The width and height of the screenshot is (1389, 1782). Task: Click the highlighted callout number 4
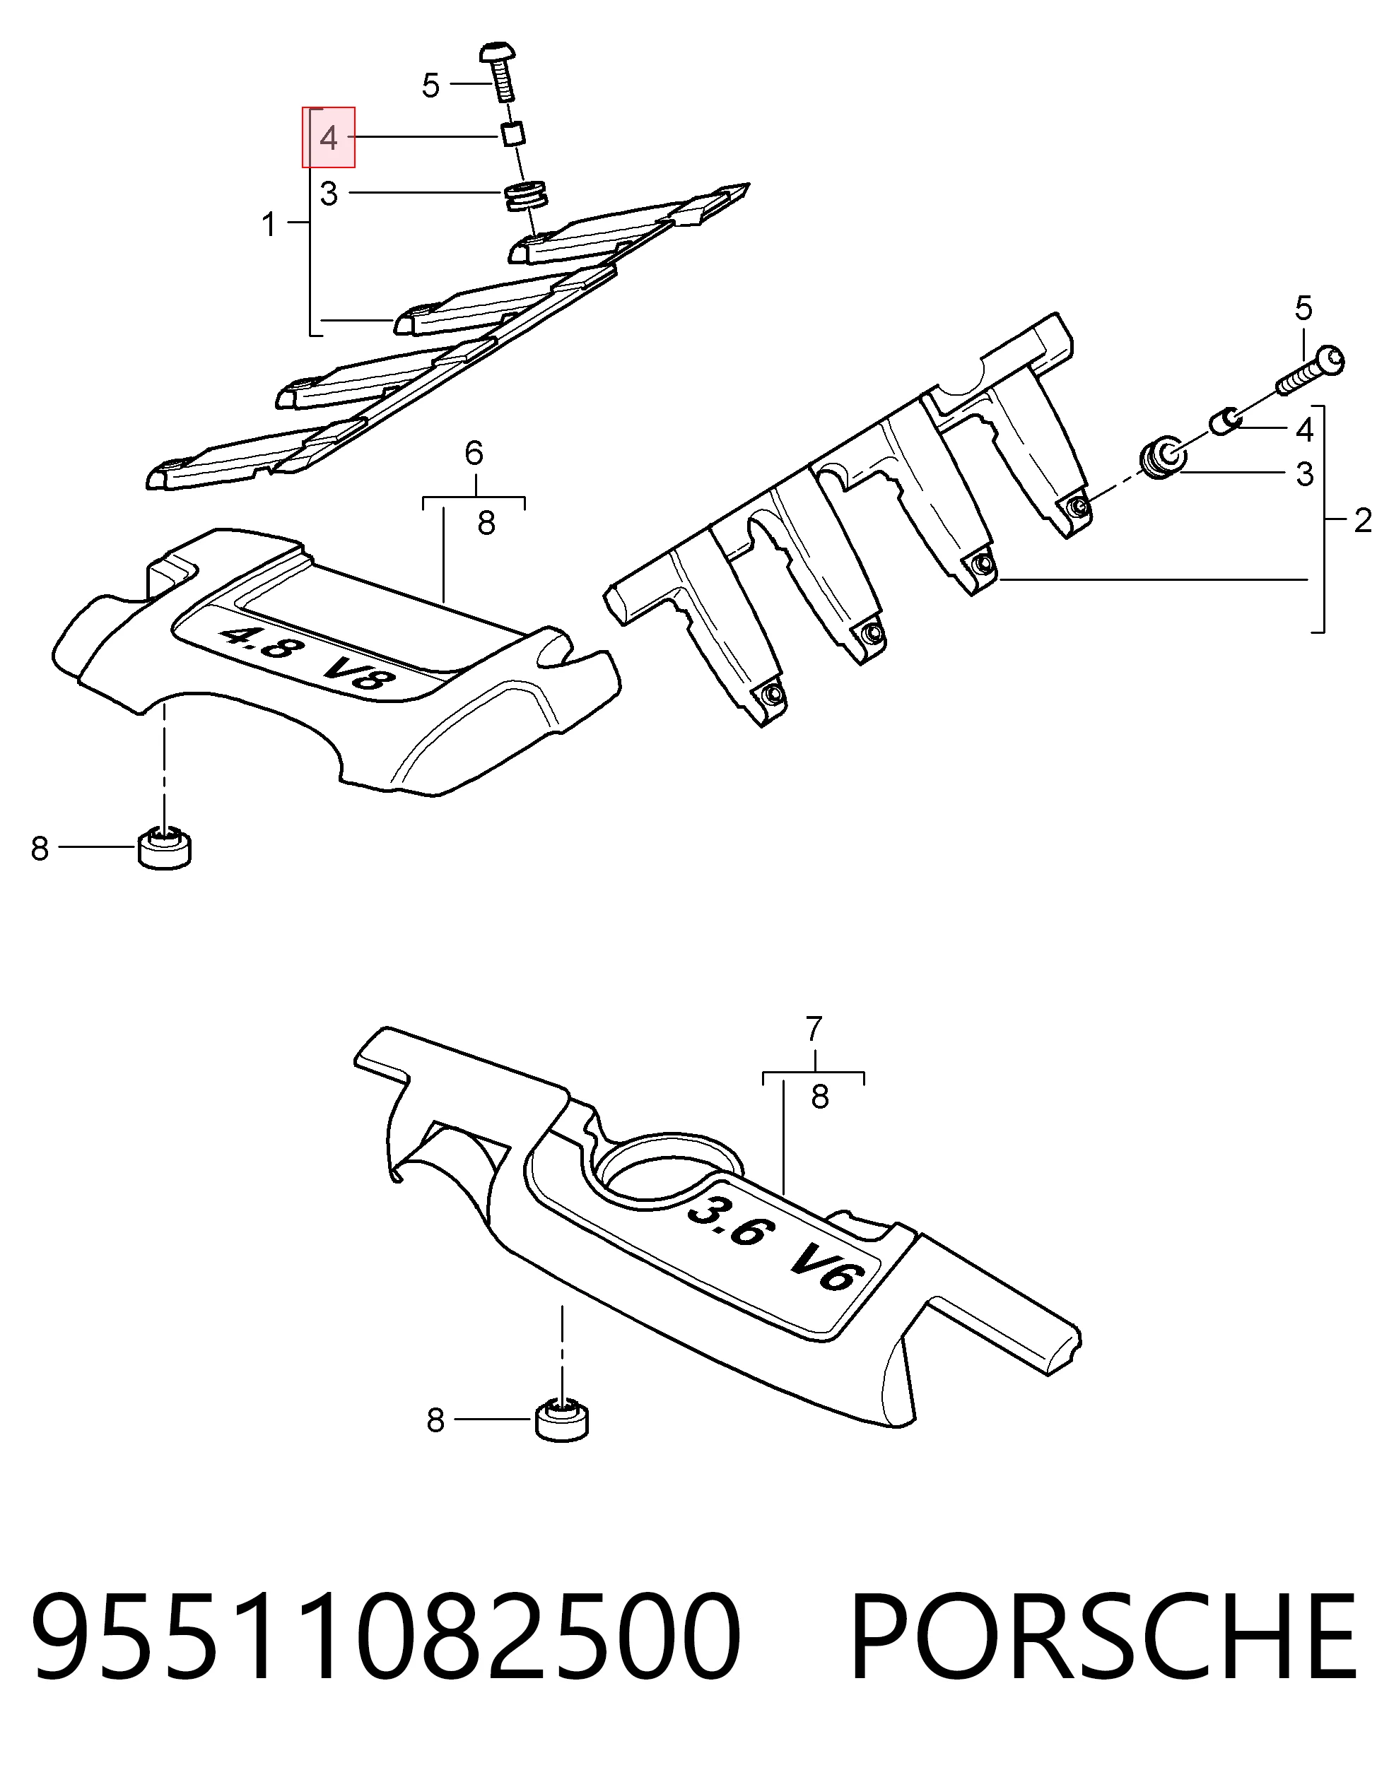click(329, 138)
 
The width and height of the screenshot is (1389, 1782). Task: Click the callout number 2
click(1363, 520)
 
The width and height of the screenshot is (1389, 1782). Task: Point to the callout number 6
click(474, 452)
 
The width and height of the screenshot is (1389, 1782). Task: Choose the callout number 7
click(813, 1029)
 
